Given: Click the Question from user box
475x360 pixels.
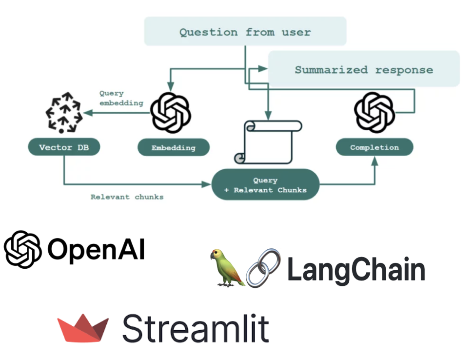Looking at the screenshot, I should click(245, 32).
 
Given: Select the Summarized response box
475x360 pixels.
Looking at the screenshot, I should click(363, 69).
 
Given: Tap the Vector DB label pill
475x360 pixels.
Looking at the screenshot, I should click(64, 147).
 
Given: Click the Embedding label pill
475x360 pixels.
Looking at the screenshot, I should click(173, 147).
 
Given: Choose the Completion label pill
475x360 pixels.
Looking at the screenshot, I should click(374, 147).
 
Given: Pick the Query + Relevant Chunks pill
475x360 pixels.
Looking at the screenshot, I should click(265, 185).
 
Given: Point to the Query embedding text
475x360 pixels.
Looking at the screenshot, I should click(121, 98).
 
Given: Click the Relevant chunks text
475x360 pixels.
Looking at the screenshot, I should click(127, 197).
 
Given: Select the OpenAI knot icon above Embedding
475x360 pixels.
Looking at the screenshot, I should click(170, 111).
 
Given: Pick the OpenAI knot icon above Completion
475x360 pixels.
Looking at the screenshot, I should click(374, 111).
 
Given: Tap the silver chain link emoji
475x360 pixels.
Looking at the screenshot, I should click(263, 268).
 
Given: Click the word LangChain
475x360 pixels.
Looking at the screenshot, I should click(356, 270).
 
